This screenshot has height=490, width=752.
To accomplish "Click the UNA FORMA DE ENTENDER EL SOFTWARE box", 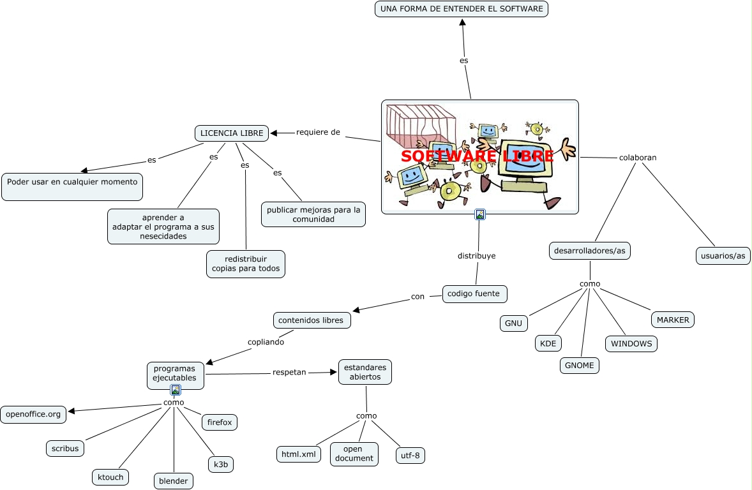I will [x=461, y=9].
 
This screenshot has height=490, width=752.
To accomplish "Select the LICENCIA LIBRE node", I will [x=232, y=133].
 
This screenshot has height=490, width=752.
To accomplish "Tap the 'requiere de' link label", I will [x=318, y=132].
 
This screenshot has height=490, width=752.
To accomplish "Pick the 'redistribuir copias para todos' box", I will [x=246, y=264].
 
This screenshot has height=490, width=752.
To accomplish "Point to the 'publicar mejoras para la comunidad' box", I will [x=313, y=214].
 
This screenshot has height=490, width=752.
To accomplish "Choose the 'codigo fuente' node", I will [x=475, y=293].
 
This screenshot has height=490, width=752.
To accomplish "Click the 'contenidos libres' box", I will [x=312, y=320].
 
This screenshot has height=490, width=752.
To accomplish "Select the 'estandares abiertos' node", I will [x=365, y=372].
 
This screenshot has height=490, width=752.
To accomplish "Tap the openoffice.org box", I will [x=33, y=414].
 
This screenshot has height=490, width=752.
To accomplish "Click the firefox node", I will [x=220, y=422].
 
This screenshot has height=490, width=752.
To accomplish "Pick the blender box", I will [x=174, y=481].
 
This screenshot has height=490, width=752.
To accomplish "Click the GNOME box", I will [x=580, y=366].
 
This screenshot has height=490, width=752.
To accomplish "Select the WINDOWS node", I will [x=631, y=344].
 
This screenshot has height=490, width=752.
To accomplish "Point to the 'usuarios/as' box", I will [x=723, y=256].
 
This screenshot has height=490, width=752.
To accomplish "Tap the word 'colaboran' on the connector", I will [x=638, y=158].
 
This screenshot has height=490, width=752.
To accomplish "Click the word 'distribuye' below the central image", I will [x=476, y=256].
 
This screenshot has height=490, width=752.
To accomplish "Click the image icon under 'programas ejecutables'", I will [x=176, y=390].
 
